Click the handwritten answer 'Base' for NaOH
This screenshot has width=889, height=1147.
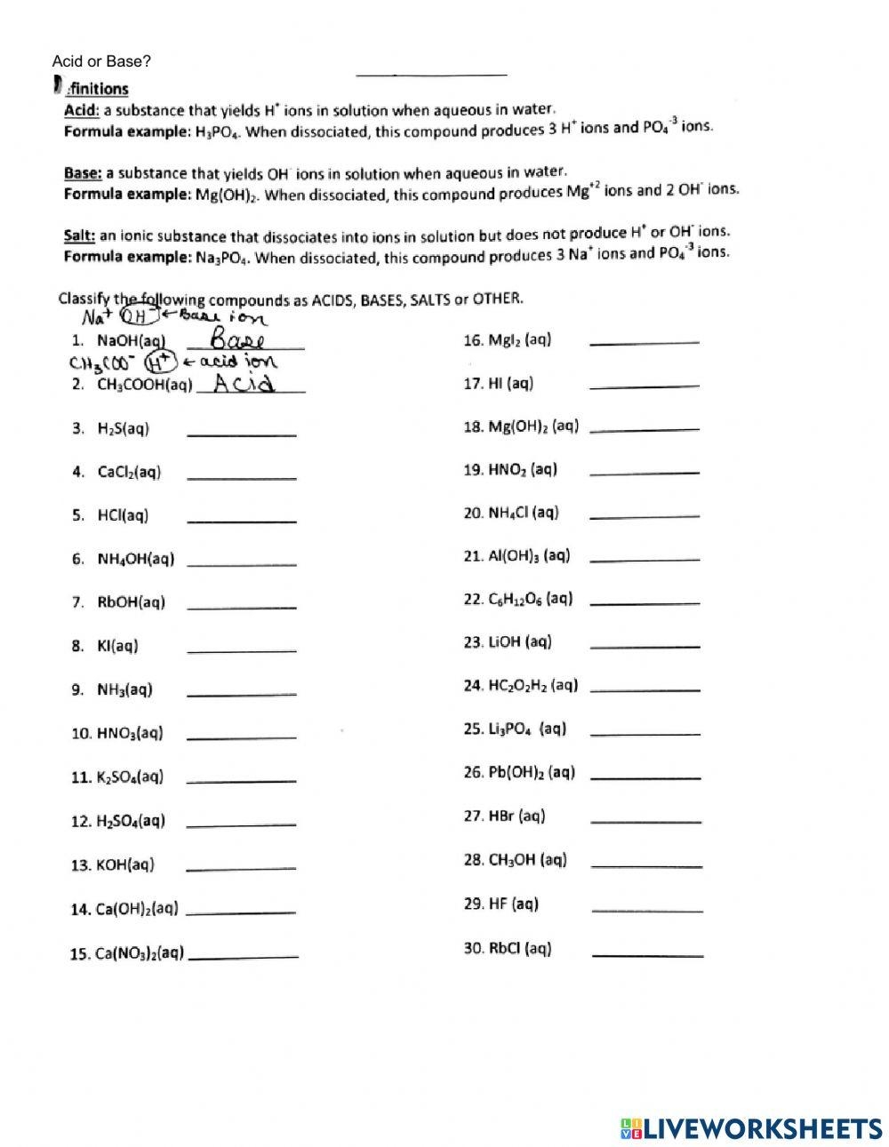[x=237, y=340]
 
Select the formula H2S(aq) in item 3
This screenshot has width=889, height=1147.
[x=123, y=428]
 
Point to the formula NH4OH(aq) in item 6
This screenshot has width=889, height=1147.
[x=135, y=559]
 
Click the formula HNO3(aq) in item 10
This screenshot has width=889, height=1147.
[x=130, y=734]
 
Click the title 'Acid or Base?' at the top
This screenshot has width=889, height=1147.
[x=101, y=61]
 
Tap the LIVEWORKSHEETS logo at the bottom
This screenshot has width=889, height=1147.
[x=751, y=1128]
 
